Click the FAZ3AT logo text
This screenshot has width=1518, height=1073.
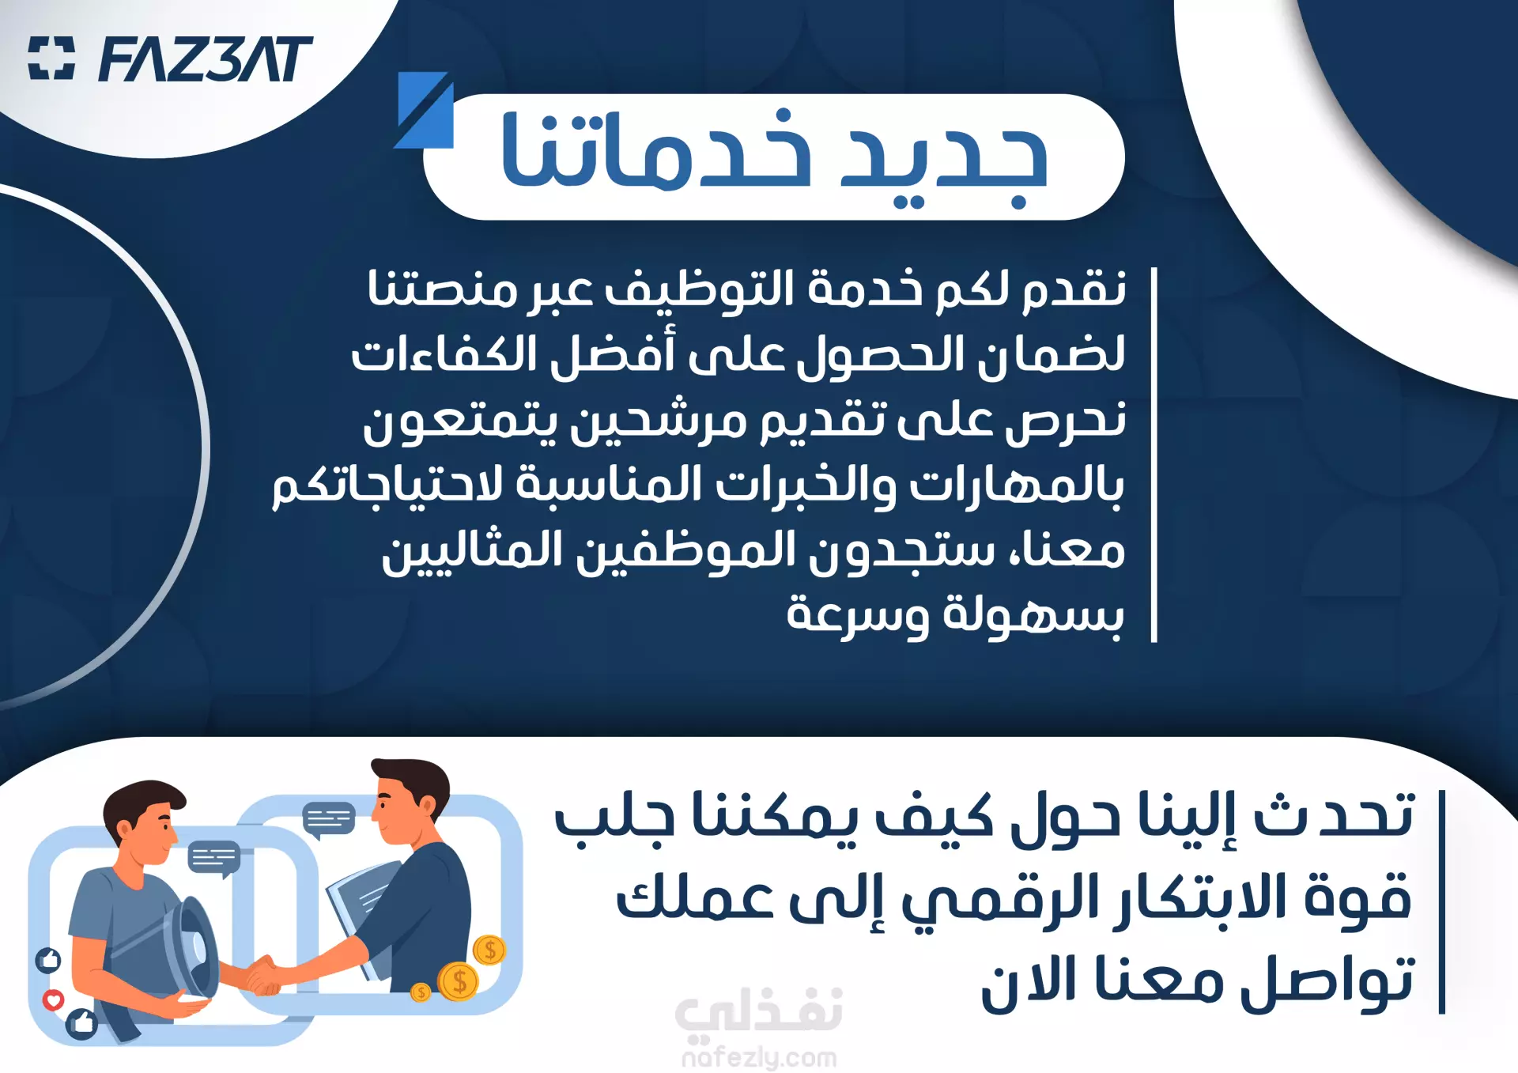206,59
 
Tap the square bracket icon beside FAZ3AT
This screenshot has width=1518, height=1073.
51,59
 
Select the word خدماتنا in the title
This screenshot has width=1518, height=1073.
657,150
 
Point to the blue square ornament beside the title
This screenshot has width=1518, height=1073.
425,110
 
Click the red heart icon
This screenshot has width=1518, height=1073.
53,999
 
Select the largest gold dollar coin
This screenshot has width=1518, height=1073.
459,982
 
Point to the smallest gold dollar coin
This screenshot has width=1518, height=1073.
421,992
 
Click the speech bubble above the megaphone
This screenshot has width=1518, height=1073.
214,858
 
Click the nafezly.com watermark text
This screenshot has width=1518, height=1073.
759,1057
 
